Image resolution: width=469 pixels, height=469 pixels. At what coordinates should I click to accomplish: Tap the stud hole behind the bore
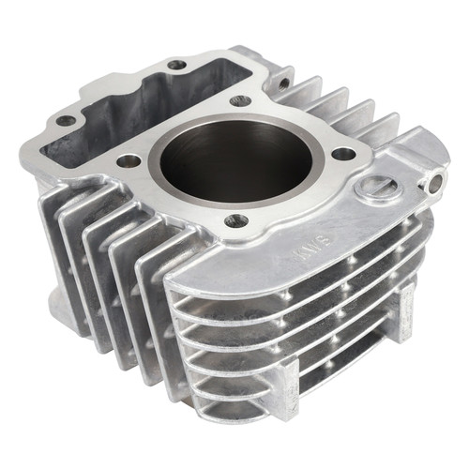(239, 100)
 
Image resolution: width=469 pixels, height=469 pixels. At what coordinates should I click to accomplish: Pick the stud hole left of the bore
(129, 160)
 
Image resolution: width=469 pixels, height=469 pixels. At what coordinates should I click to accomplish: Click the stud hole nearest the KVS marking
(236, 220)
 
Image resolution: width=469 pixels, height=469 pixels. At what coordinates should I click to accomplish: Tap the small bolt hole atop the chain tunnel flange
(176, 65)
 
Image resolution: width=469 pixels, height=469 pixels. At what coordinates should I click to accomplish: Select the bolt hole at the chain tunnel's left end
(65, 121)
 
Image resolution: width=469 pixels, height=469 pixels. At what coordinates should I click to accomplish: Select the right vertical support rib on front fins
(405, 310)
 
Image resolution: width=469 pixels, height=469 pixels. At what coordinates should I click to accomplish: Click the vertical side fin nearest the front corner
(155, 310)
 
